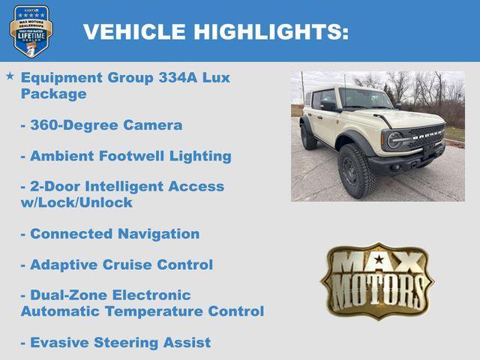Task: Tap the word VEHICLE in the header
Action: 134,32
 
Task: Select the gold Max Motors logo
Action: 377,280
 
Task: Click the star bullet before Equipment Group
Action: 10,76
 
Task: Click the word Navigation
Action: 158,234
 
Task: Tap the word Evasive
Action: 59,343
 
